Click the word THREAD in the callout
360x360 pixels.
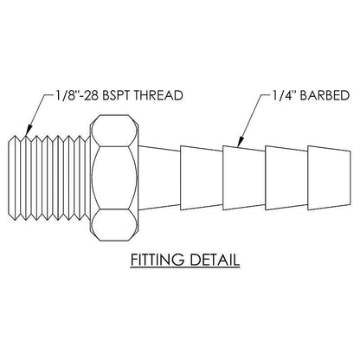click(x=159, y=95)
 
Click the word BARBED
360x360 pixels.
click(x=325, y=95)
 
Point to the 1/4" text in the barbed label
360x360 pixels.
click(x=285, y=95)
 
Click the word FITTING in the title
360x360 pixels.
click(x=157, y=260)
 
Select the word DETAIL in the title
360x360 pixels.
click(x=215, y=260)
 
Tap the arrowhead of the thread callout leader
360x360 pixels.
click(x=27, y=132)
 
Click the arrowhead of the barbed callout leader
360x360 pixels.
click(x=240, y=143)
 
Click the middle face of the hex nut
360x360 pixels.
click(x=114, y=177)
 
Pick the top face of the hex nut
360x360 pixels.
click(x=114, y=131)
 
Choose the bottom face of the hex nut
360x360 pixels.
click(x=114, y=225)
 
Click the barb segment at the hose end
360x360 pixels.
click(x=329, y=177)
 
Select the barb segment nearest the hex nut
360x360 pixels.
click(x=202, y=177)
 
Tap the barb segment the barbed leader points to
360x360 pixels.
click(x=244, y=177)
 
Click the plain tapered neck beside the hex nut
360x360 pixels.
click(x=159, y=177)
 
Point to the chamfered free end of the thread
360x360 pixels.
click(x=11, y=177)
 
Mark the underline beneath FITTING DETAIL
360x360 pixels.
click(x=185, y=268)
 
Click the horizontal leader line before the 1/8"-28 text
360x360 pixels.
click(x=49, y=94)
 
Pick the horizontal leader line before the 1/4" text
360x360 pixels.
click(x=266, y=94)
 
